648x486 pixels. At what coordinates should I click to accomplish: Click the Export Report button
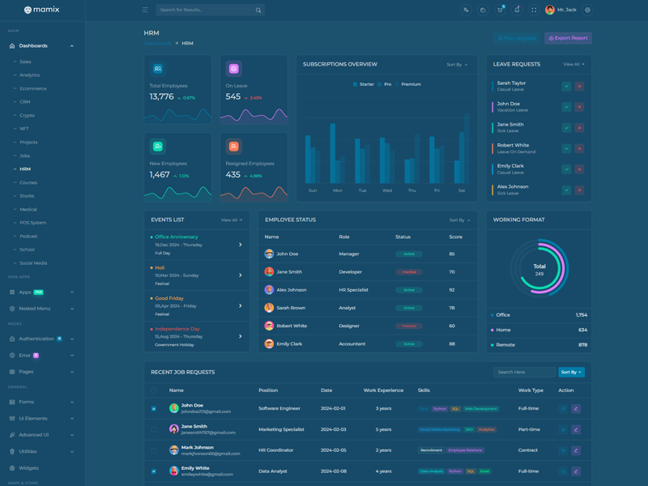568,38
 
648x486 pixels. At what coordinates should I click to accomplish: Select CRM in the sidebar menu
25,102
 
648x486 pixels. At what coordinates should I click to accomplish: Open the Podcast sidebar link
28,237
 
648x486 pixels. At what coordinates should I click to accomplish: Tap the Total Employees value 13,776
161,97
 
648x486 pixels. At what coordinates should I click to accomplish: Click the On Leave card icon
233,69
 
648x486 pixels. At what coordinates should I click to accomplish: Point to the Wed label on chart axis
387,190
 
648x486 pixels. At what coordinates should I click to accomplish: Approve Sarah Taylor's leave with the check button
566,86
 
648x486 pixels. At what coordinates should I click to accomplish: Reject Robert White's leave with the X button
579,148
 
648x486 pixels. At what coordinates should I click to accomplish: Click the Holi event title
160,267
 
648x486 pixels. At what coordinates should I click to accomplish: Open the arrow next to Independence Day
241,336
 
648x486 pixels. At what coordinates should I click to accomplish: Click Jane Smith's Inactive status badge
409,272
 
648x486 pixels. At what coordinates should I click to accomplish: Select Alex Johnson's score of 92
452,290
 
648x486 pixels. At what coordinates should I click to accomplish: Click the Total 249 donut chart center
539,269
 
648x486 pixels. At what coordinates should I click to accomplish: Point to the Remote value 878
582,345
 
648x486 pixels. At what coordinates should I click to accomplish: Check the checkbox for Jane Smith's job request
154,429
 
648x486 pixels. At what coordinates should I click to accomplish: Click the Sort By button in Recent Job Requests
571,373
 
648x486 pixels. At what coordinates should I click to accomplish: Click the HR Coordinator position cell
276,450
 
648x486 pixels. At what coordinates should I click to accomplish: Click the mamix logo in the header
41,10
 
